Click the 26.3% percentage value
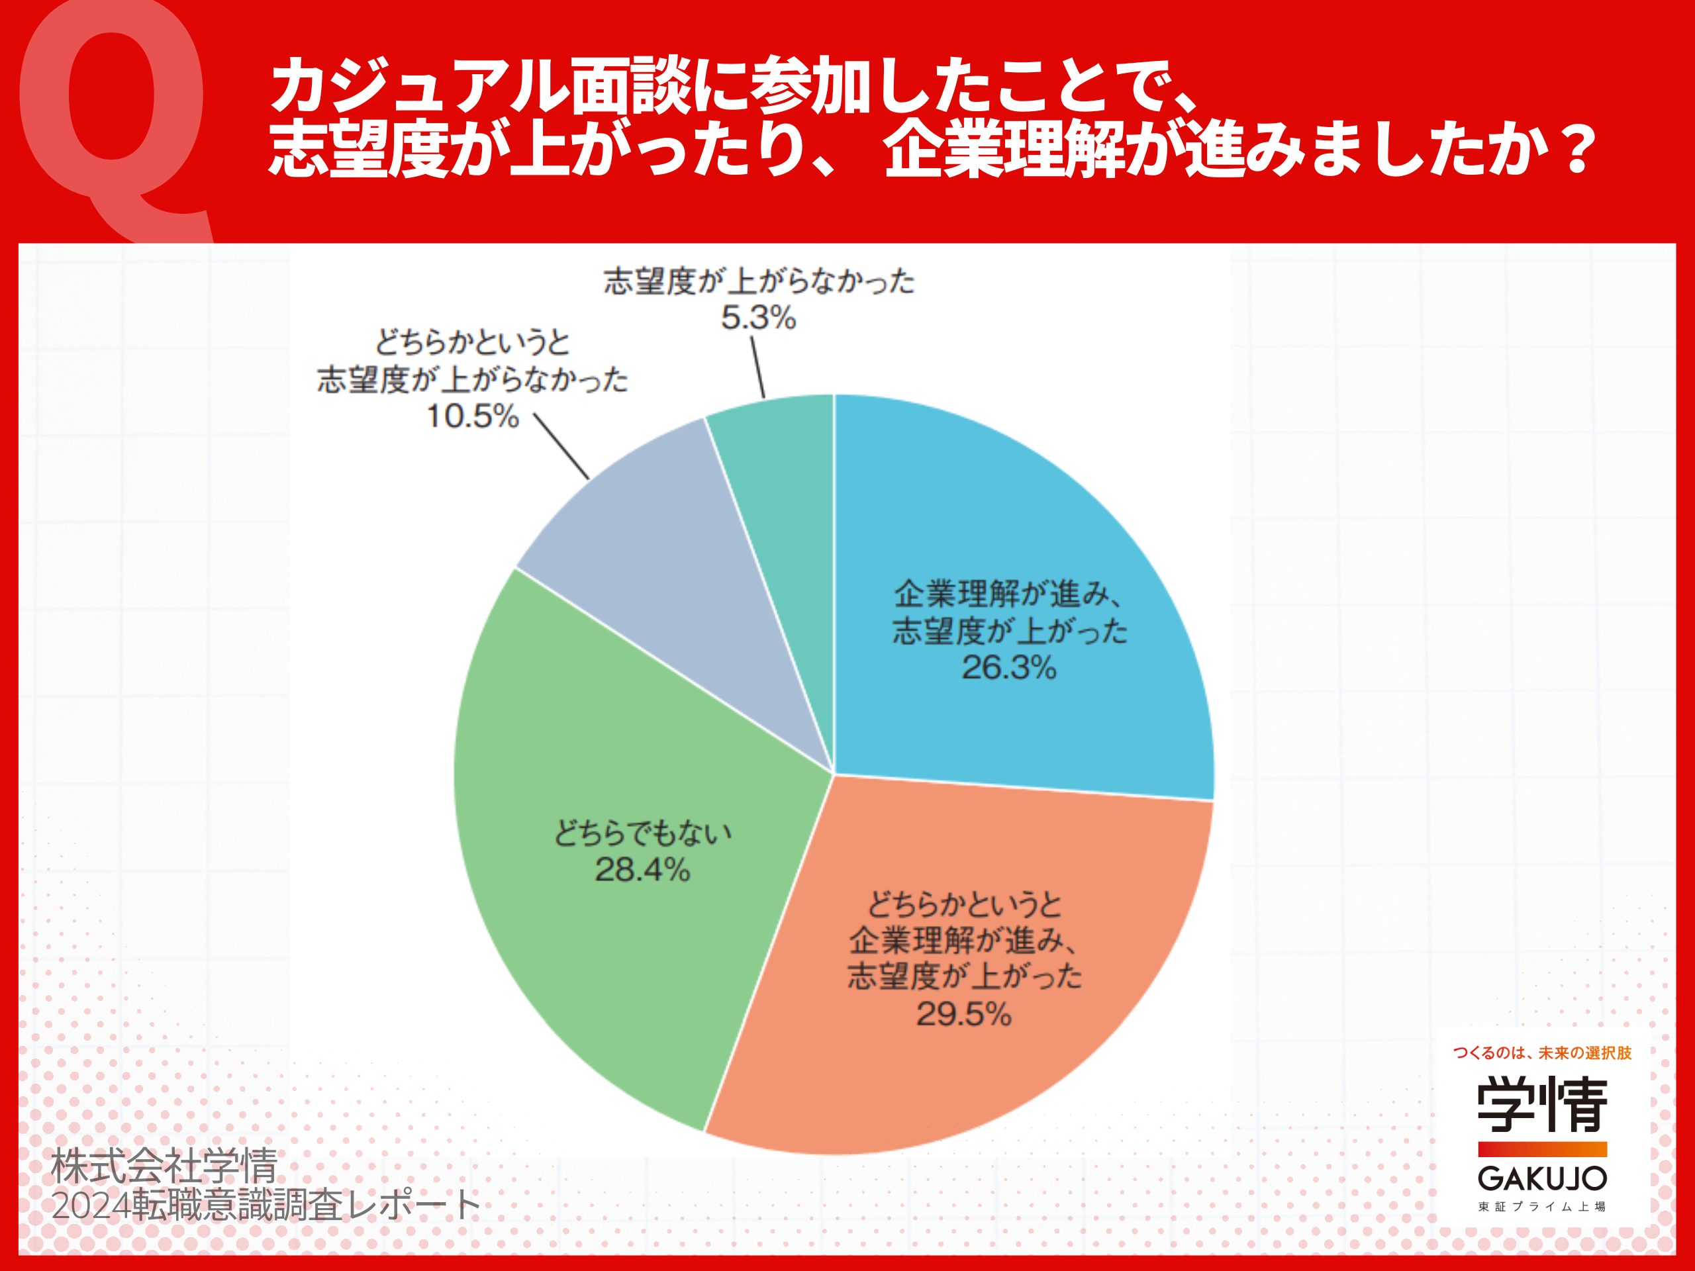coord(1008,669)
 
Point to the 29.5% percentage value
coord(964,1015)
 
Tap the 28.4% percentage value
coord(642,871)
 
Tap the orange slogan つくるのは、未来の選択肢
coord(1542,1053)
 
